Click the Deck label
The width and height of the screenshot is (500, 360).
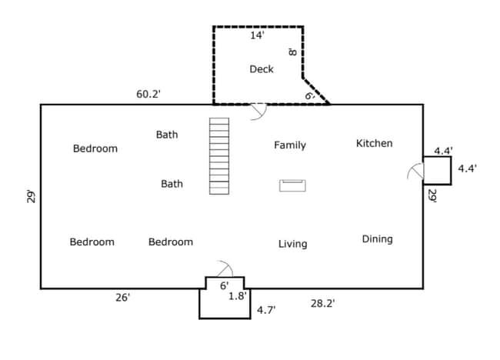tap(262, 69)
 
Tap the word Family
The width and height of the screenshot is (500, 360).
tap(290, 145)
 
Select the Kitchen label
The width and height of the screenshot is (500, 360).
tap(374, 143)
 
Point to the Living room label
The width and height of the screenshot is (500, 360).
tap(292, 244)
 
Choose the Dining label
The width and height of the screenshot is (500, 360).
tap(377, 239)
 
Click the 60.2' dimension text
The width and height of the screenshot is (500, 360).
tap(148, 94)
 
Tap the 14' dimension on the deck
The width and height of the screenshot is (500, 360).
tap(257, 35)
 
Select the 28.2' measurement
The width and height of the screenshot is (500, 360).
tap(322, 304)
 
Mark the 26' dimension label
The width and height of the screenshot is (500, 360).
tap(123, 298)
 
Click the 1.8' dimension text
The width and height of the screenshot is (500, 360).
tap(237, 295)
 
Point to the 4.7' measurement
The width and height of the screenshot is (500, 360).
tap(266, 310)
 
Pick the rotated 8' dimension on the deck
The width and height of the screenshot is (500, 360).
tap(292, 52)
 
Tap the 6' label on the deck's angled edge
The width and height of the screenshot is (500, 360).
tap(309, 95)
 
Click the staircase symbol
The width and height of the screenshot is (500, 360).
tap(219, 156)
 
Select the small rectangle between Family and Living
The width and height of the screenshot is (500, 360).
tap(292, 185)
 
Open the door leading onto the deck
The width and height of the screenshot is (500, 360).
tap(259, 112)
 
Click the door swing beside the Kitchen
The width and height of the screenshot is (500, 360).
tap(415, 172)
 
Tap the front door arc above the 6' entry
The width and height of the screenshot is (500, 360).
tap(225, 269)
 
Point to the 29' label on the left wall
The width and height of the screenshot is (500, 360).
tap(30, 196)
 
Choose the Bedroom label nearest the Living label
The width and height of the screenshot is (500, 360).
tap(171, 242)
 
